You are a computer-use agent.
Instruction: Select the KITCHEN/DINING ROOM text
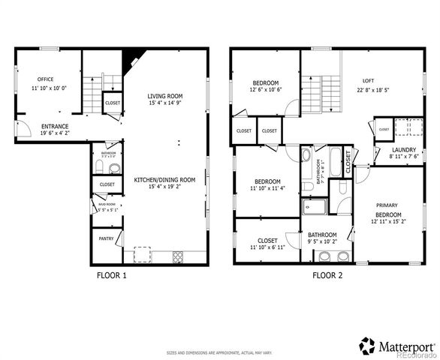point(164,180)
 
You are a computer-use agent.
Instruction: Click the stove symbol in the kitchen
point(179,256)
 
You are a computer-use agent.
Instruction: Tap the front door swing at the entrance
point(22,128)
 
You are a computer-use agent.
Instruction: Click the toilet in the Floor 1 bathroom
point(113,167)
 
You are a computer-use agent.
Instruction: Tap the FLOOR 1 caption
point(112,275)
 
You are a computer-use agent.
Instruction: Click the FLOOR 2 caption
point(327,275)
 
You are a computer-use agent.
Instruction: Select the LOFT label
point(368,80)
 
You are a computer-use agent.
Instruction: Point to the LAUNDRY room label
point(404,149)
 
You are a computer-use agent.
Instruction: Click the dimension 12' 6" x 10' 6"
point(266,89)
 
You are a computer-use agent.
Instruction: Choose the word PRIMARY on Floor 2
point(387,205)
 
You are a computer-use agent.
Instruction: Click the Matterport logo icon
point(367,346)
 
